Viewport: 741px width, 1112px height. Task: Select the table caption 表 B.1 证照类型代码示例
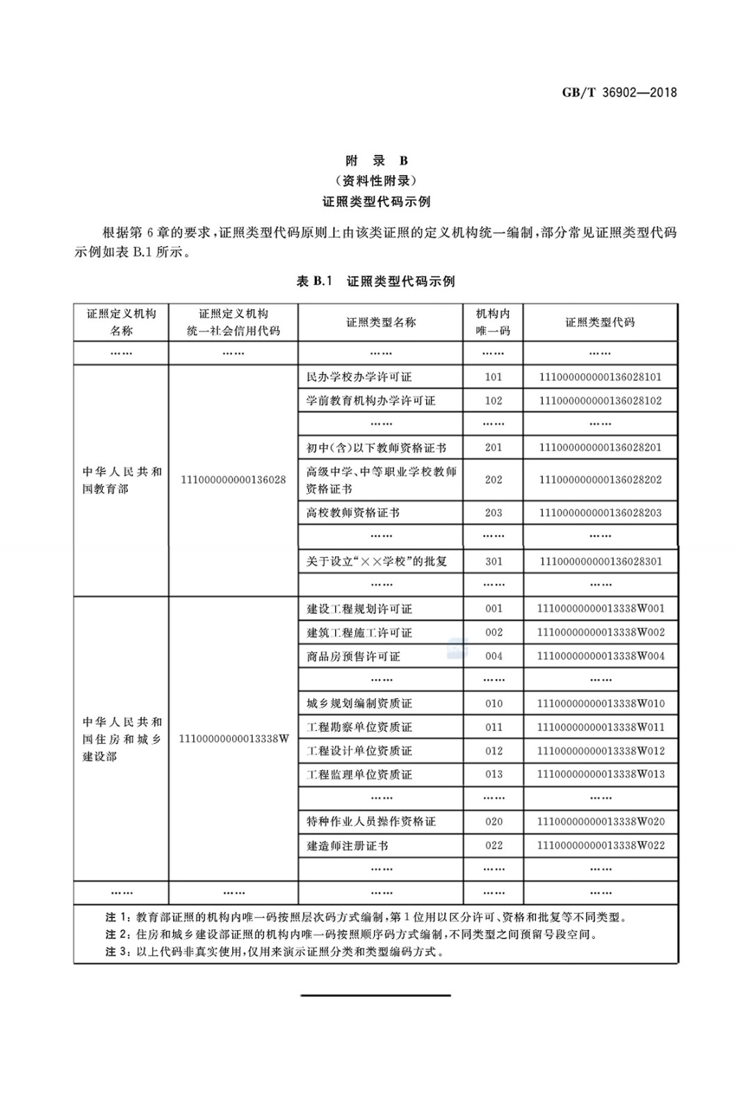pyautogui.click(x=375, y=281)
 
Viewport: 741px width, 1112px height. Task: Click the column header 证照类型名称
pyautogui.click(x=381, y=322)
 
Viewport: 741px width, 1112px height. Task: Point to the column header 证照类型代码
pyautogui.click(x=600, y=322)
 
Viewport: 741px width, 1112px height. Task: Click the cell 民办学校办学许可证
pyautogui.click(x=359, y=377)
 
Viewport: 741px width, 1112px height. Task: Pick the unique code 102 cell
pyautogui.click(x=494, y=400)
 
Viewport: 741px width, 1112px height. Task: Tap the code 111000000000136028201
pyautogui.click(x=600, y=447)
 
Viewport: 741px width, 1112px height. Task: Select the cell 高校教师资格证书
pyautogui.click(x=353, y=513)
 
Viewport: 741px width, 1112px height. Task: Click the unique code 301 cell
pyautogui.click(x=494, y=561)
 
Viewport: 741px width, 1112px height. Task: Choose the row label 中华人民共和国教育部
pyautogui.click(x=122, y=480)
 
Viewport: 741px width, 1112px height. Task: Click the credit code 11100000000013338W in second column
pyautogui.click(x=234, y=738)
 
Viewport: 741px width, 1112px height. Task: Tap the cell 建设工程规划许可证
pyautogui.click(x=359, y=609)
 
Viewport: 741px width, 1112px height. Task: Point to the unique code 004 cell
pyautogui.click(x=494, y=656)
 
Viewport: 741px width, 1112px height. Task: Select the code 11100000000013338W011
pyautogui.click(x=600, y=727)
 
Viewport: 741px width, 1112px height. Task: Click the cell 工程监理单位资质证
pyautogui.click(x=359, y=774)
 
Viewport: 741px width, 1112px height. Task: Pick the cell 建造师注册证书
pyautogui.click(x=347, y=845)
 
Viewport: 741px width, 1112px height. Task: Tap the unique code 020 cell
pyautogui.click(x=494, y=821)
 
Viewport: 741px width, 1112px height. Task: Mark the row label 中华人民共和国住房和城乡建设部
pyautogui.click(x=122, y=738)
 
